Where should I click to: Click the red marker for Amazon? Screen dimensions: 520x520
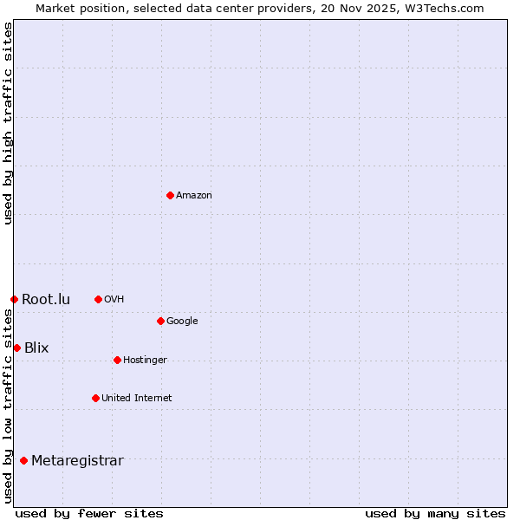pyautogui.click(x=170, y=195)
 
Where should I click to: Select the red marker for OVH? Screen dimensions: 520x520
pyautogui.click(x=98, y=299)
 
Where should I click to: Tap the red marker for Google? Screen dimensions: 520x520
pyautogui.click(x=160, y=321)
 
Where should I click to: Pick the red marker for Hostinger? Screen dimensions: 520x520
pyautogui.click(x=117, y=360)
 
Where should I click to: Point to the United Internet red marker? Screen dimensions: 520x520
pyautogui.click(x=95, y=398)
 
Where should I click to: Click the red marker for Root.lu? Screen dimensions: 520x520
pyautogui.click(x=14, y=299)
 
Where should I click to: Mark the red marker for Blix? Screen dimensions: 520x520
pyautogui.click(x=16, y=348)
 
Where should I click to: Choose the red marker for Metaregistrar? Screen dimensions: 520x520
pyautogui.click(x=23, y=460)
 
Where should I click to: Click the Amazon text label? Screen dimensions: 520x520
pyautogui.click(x=194, y=196)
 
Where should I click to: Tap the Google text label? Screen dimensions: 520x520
pyautogui.click(x=182, y=322)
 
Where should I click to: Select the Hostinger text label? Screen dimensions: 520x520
pyautogui.click(x=145, y=361)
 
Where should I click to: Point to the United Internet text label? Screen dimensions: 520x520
pyautogui.click(x=137, y=399)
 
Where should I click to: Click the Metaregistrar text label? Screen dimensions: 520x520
pyautogui.click(x=77, y=461)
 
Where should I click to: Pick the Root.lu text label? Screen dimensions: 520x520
pyautogui.click(x=46, y=300)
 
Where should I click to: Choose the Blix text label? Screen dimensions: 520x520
pyautogui.click(x=36, y=348)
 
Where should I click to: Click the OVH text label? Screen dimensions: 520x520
pyautogui.click(x=114, y=300)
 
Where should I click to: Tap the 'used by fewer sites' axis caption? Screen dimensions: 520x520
pyautogui.click(x=89, y=513)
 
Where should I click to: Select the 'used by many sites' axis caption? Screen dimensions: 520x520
pyautogui.click(x=435, y=513)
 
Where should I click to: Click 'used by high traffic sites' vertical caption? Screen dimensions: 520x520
pyautogui.click(x=8, y=123)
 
